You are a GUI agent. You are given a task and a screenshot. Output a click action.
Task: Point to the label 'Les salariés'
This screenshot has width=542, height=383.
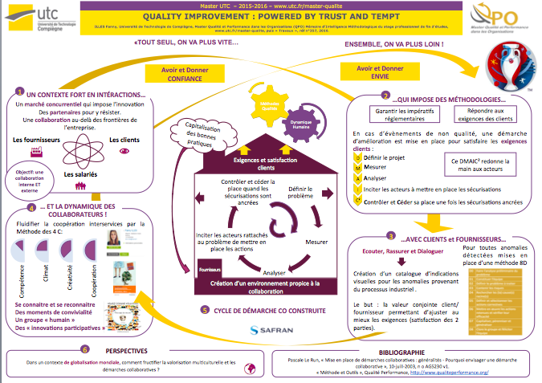tap(80, 173)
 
